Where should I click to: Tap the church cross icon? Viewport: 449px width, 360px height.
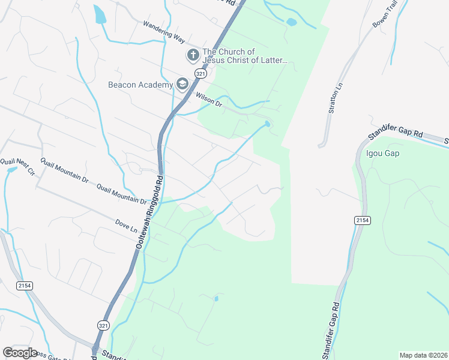[193, 56]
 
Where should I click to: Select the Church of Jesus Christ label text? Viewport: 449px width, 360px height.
[245, 56]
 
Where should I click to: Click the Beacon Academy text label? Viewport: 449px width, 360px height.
[140, 85]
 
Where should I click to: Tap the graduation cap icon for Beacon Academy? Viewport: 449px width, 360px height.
[181, 85]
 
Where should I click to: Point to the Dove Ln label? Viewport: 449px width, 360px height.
[126, 226]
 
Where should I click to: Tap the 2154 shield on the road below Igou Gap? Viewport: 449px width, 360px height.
[361, 221]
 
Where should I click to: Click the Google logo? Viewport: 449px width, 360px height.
[20, 352]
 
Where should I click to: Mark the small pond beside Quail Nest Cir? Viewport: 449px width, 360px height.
[11, 170]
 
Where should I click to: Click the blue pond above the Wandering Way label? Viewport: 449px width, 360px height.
[100, 14]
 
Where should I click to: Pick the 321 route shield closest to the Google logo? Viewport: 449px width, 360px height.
[103, 324]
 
